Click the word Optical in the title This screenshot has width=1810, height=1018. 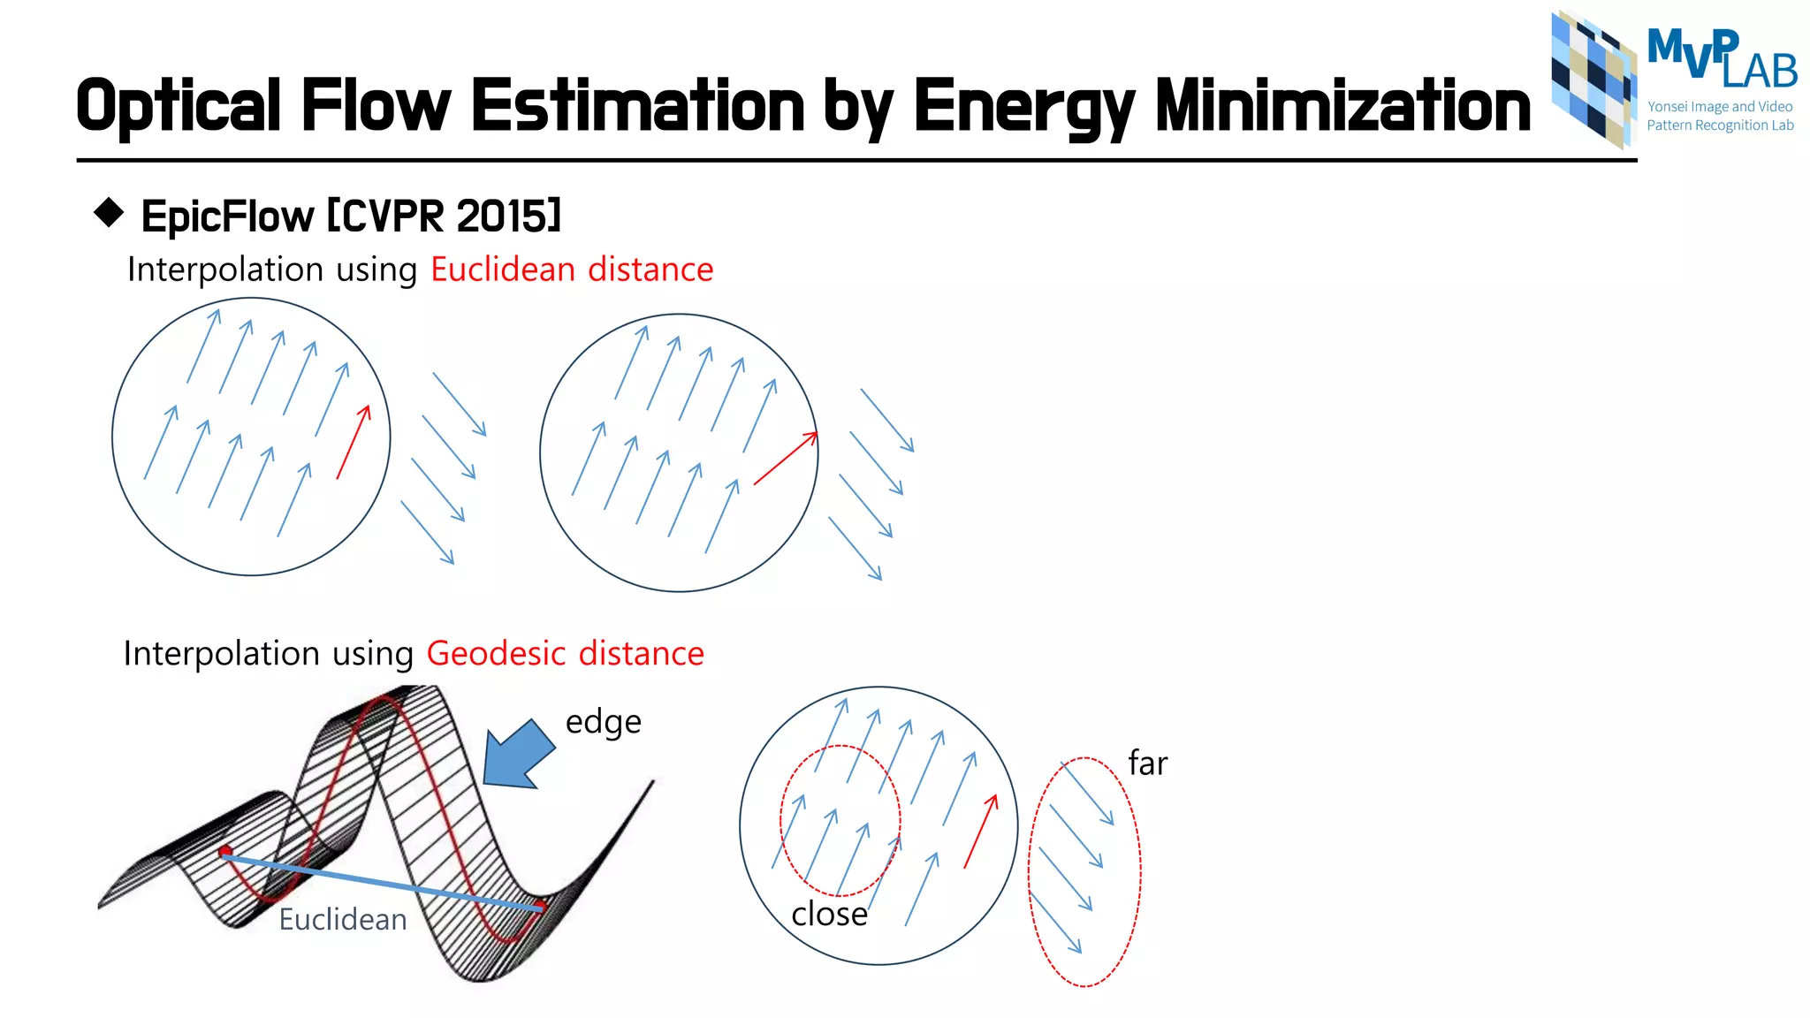(x=178, y=107)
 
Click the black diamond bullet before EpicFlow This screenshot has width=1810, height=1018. (x=109, y=213)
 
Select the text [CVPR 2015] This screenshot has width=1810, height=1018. (x=444, y=216)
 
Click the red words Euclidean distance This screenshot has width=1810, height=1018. (x=571, y=270)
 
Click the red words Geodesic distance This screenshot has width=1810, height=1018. (x=565, y=654)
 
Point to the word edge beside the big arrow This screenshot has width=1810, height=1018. (x=603, y=722)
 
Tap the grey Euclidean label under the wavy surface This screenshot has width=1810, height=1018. (x=342, y=920)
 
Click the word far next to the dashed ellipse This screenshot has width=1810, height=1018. (x=1147, y=763)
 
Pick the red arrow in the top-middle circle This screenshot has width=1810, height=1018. (x=785, y=459)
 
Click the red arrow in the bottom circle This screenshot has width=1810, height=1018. (x=981, y=831)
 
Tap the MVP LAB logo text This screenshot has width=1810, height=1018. (x=1720, y=58)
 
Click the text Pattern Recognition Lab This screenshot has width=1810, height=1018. (x=1719, y=125)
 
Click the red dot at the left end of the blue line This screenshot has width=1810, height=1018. (x=225, y=852)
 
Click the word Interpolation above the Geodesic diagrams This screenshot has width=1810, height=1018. (x=221, y=654)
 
